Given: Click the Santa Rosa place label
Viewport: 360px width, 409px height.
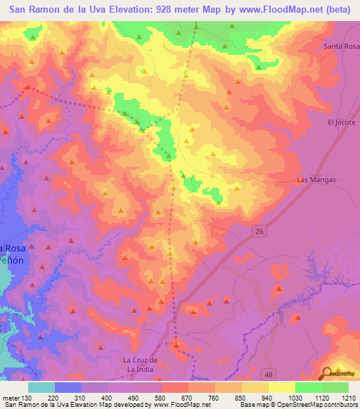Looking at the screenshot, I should tap(340, 46).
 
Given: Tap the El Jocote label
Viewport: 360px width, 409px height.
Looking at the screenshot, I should tap(342, 122).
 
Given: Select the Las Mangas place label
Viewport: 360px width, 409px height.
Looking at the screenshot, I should tap(317, 180).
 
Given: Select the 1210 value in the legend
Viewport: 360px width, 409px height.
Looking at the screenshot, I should tap(349, 398).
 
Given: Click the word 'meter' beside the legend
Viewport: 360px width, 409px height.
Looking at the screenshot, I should tap(10, 398).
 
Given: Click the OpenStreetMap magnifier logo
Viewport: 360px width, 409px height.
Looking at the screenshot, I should tap(326, 374).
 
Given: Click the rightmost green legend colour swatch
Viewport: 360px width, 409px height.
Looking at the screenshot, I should tap(335, 387).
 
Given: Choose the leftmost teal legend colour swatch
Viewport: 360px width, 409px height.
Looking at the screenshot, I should tap(41, 387).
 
